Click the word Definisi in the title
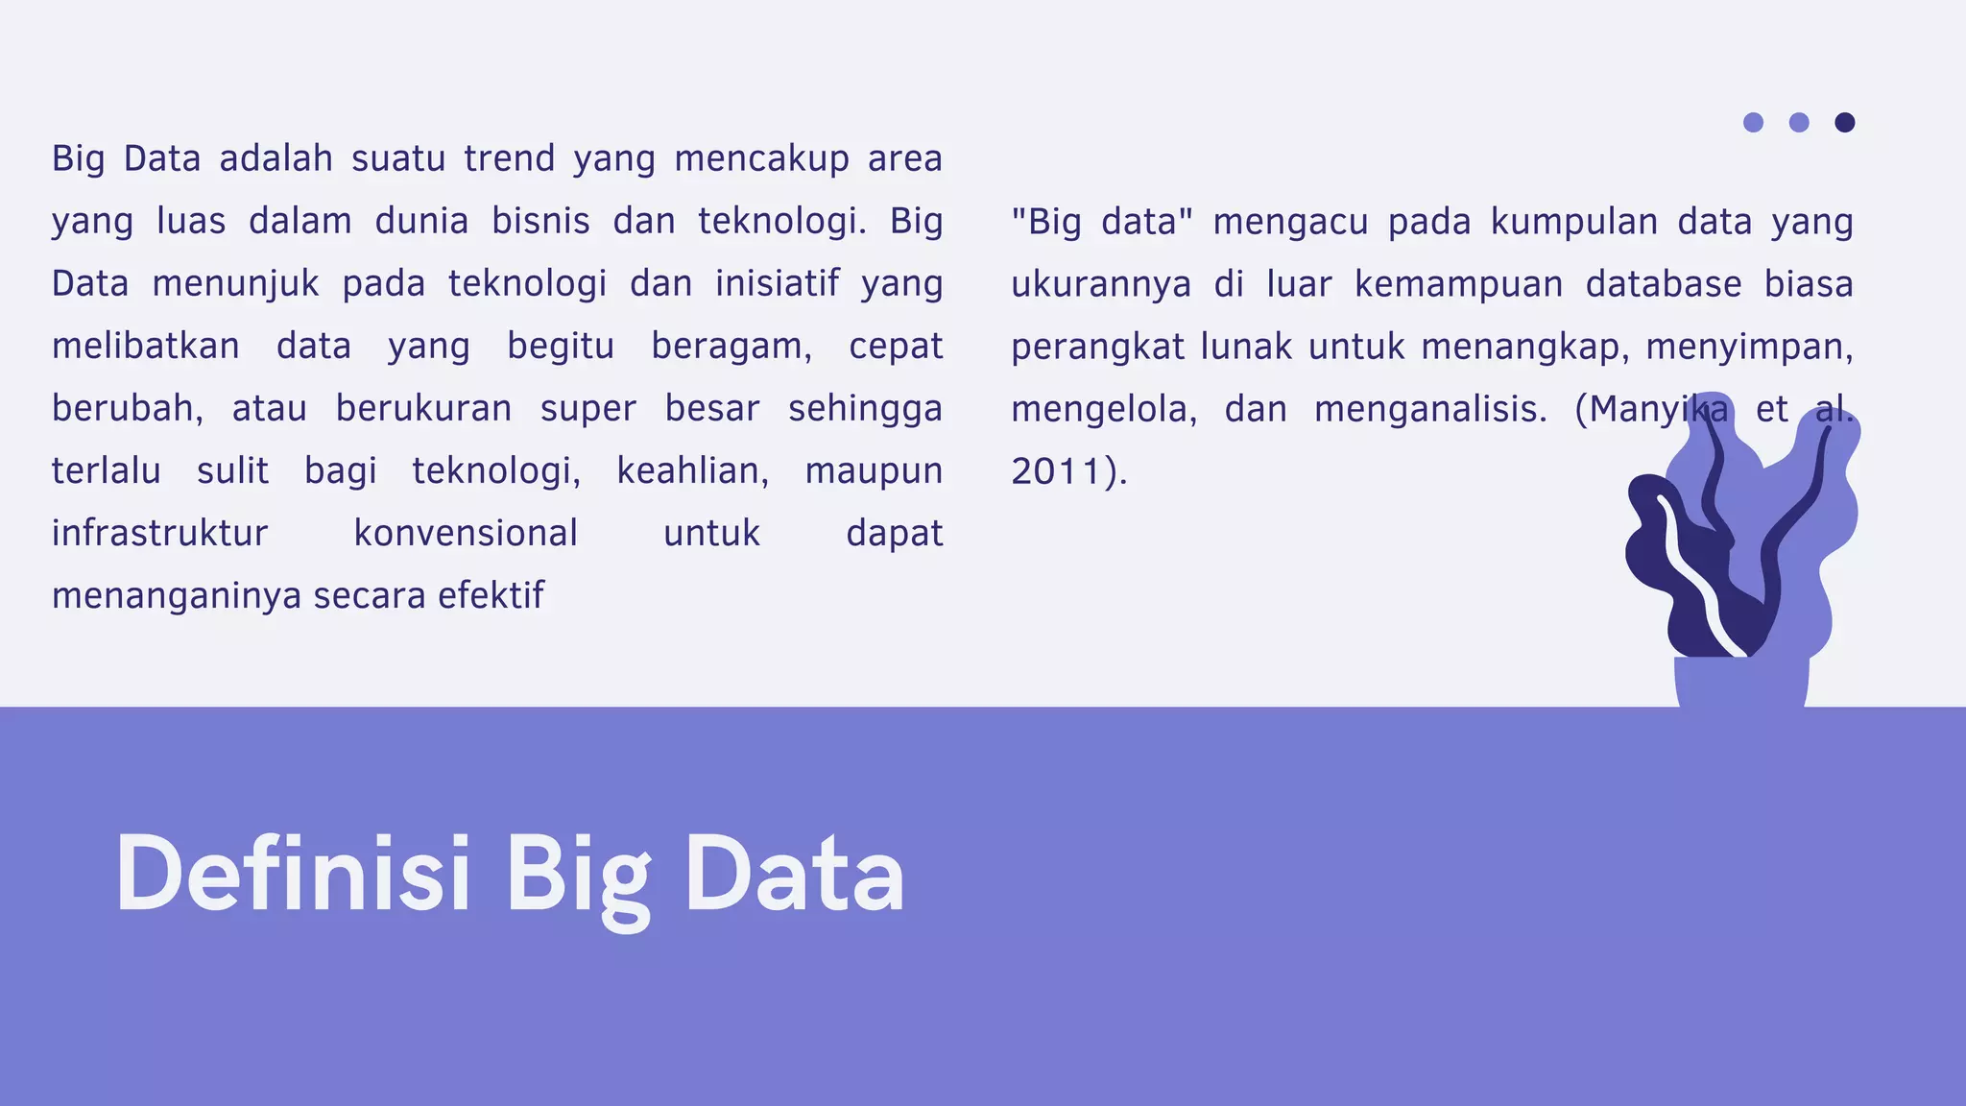click(x=293, y=874)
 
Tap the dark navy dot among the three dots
click(x=1844, y=122)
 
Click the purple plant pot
click(x=1740, y=683)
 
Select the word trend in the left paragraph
click(x=510, y=158)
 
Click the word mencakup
click(x=761, y=159)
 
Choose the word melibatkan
click(x=146, y=347)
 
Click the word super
click(x=587, y=409)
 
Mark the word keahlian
click(x=692, y=471)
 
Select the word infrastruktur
click(x=159, y=534)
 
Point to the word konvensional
click(x=466, y=534)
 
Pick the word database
click(x=1663, y=284)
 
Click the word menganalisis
click(x=1430, y=410)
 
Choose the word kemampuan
click(x=1459, y=284)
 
